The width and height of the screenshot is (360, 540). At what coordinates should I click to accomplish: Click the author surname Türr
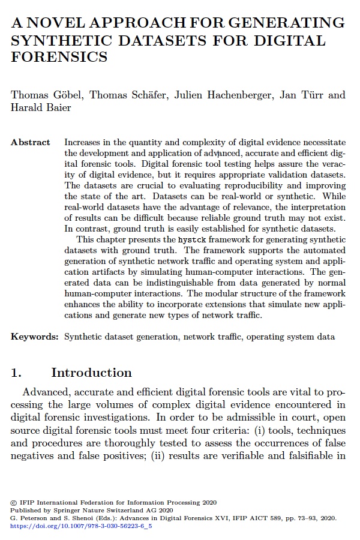click(x=311, y=95)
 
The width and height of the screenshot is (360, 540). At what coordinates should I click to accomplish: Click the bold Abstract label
click(x=31, y=143)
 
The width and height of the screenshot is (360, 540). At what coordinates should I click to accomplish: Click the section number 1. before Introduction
click(x=16, y=373)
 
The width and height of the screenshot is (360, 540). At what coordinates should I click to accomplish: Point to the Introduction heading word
click(x=91, y=373)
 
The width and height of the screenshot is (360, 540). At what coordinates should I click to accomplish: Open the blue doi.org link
click(x=81, y=526)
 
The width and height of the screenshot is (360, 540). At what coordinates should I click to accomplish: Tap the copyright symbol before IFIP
click(x=14, y=502)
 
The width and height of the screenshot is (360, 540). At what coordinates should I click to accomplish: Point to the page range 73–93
click(x=304, y=518)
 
